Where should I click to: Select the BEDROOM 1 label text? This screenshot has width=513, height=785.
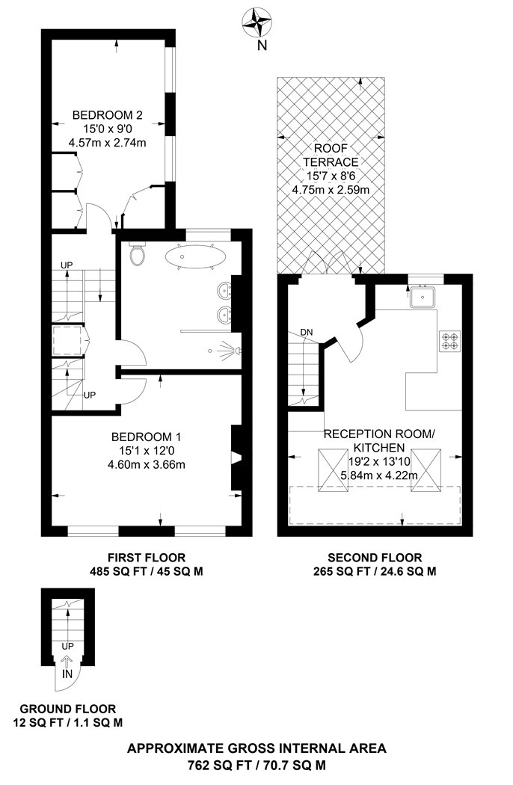click(146, 437)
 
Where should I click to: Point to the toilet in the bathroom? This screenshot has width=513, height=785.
click(137, 256)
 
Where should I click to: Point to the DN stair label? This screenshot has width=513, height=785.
click(306, 332)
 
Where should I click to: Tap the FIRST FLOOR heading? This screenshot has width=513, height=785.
click(146, 558)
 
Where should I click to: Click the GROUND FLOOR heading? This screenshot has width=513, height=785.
click(67, 709)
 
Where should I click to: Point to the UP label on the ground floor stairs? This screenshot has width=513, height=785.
click(67, 645)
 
